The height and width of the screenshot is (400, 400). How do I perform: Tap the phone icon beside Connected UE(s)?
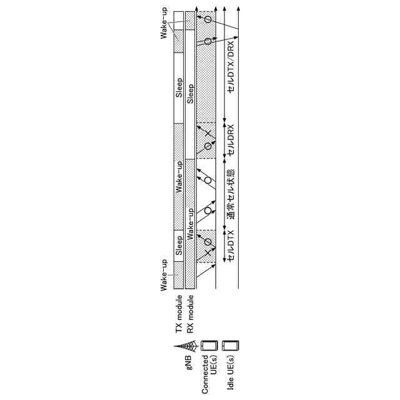[209, 345]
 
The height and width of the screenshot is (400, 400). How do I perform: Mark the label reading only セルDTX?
[232, 246]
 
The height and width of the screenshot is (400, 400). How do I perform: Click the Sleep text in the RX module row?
[191, 94]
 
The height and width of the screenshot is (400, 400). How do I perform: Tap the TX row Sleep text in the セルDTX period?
[179, 242]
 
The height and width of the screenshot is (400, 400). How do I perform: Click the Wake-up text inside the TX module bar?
[179, 176]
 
